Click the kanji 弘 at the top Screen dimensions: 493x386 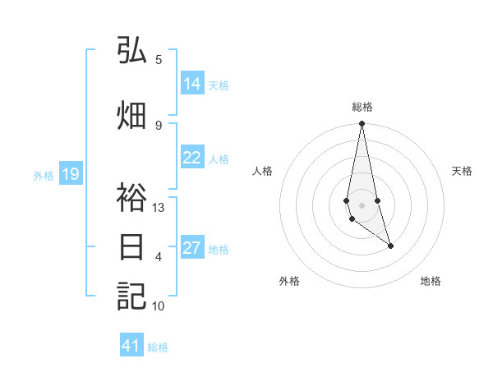(131, 51)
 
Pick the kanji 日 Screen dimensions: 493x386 (131, 249)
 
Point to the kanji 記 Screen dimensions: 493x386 (131, 296)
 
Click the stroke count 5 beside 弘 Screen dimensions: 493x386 (159, 59)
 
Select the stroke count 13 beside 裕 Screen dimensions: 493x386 (159, 208)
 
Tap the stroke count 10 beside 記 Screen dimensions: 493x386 (159, 306)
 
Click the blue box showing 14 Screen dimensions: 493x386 (192, 84)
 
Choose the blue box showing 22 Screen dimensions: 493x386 (192, 159)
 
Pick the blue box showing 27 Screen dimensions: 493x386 (192, 248)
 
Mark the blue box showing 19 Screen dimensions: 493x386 (71, 174)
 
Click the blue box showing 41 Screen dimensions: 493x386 (131, 346)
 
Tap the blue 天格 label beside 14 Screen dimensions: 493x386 (219, 85)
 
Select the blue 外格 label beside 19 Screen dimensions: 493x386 (44, 175)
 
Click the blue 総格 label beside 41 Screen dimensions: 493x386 (158, 347)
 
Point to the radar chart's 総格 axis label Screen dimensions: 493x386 (362, 106)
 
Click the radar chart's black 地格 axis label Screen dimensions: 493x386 (431, 281)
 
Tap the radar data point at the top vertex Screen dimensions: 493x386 (362, 124)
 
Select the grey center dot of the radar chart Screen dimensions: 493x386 (362, 205)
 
